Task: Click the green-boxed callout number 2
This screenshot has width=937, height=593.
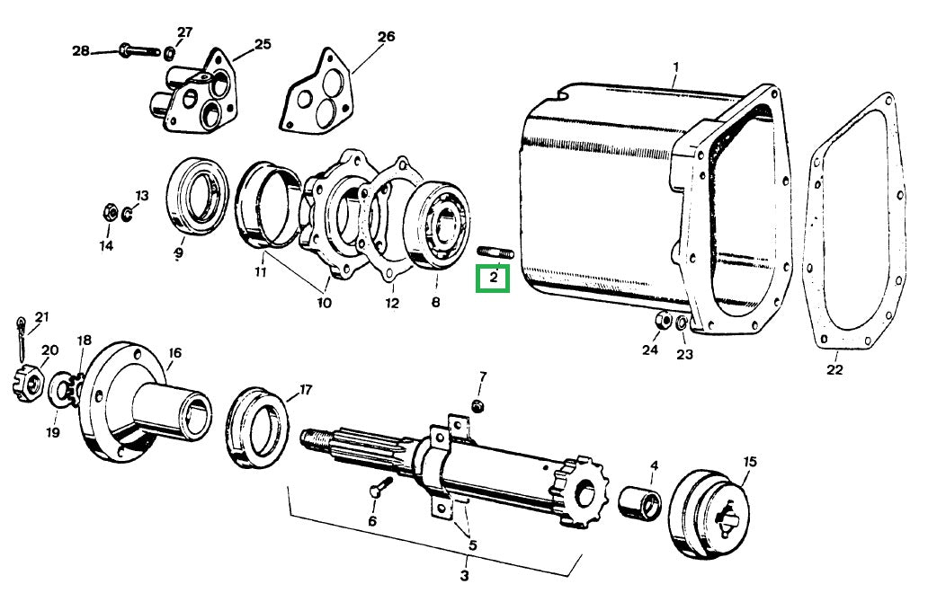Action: (x=493, y=279)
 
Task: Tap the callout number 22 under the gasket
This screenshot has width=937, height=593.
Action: (x=834, y=369)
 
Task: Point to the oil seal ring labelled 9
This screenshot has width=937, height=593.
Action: (x=198, y=195)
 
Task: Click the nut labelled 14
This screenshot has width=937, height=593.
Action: (x=107, y=214)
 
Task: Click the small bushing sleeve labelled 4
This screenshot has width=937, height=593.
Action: (x=641, y=500)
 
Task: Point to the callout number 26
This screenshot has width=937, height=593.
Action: (x=386, y=37)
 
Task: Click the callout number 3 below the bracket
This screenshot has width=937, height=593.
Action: (x=465, y=575)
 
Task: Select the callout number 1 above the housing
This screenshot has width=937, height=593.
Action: (x=676, y=67)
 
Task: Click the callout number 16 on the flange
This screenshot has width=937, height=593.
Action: (x=174, y=354)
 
